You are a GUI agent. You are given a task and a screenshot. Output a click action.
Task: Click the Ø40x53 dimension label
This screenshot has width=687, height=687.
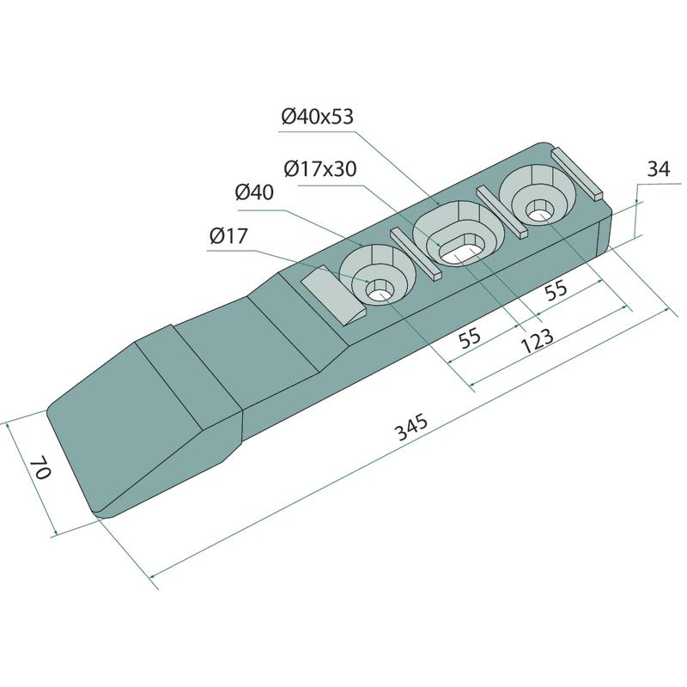tap(317, 117)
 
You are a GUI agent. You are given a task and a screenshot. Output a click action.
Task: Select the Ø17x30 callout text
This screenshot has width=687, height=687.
tap(320, 168)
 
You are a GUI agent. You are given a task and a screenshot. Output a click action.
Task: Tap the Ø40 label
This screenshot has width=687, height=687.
tap(254, 192)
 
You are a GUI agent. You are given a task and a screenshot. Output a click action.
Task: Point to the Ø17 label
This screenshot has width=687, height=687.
tap(228, 236)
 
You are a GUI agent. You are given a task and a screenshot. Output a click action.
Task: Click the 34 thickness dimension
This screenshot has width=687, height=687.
tap(659, 169)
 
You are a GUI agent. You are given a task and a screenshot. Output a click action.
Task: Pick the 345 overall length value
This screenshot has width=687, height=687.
tap(411, 427)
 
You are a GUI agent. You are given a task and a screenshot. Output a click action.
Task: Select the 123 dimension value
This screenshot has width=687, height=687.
tap(538, 340)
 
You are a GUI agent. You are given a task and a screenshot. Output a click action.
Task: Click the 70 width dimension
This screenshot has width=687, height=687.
tap(40, 468)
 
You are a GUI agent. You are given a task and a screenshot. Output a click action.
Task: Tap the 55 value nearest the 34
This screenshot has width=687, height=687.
tap(556, 289)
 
